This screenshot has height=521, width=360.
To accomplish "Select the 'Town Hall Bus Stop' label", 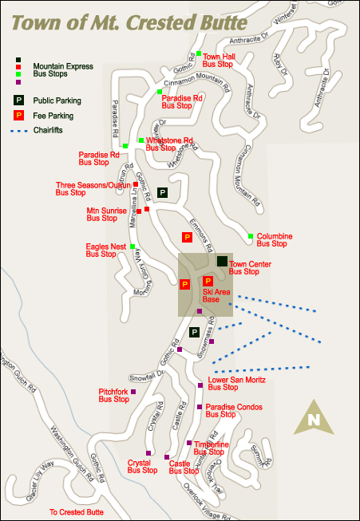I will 218,61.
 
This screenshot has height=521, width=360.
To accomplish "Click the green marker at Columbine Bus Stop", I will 251,236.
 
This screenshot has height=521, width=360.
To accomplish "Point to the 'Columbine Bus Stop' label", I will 274,240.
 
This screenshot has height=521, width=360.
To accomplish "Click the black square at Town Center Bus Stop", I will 222,261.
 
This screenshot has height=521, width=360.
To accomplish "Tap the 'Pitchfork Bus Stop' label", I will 113,395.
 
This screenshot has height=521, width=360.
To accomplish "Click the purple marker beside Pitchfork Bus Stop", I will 133,392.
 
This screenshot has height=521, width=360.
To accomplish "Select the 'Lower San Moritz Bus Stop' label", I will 230,384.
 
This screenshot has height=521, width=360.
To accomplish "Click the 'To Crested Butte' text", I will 77,512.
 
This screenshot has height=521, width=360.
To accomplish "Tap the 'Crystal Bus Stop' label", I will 143,467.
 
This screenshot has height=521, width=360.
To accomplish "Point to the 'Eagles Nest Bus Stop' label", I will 106,251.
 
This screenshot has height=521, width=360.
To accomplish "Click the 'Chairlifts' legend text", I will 48,130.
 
